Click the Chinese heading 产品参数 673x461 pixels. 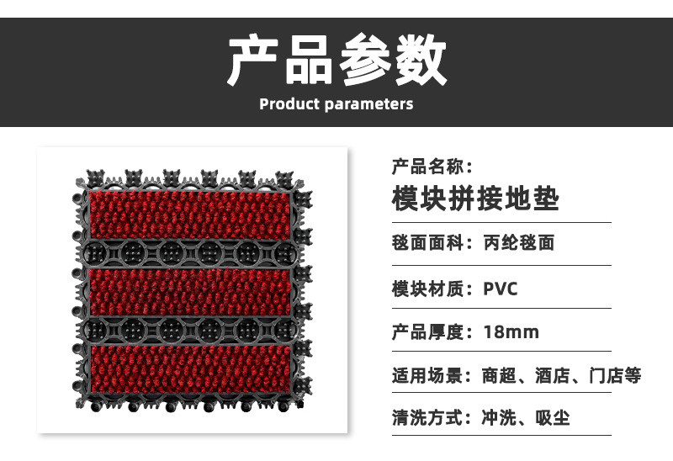(x=336, y=60)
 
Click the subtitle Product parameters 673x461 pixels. (x=336, y=104)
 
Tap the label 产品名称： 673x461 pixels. (x=432, y=166)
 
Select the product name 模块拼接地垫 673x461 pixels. (x=475, y=199)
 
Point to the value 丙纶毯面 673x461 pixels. (x=519, y=244)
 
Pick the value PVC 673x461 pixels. (x=501, y=289)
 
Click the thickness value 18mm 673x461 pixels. (x=511, y=332)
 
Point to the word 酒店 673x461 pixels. (x=552, y=376)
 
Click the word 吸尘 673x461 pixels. (x=553, y=418)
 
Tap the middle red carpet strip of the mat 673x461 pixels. (x=189, y=290)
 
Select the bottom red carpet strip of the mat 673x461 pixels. (x=189, y=367)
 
